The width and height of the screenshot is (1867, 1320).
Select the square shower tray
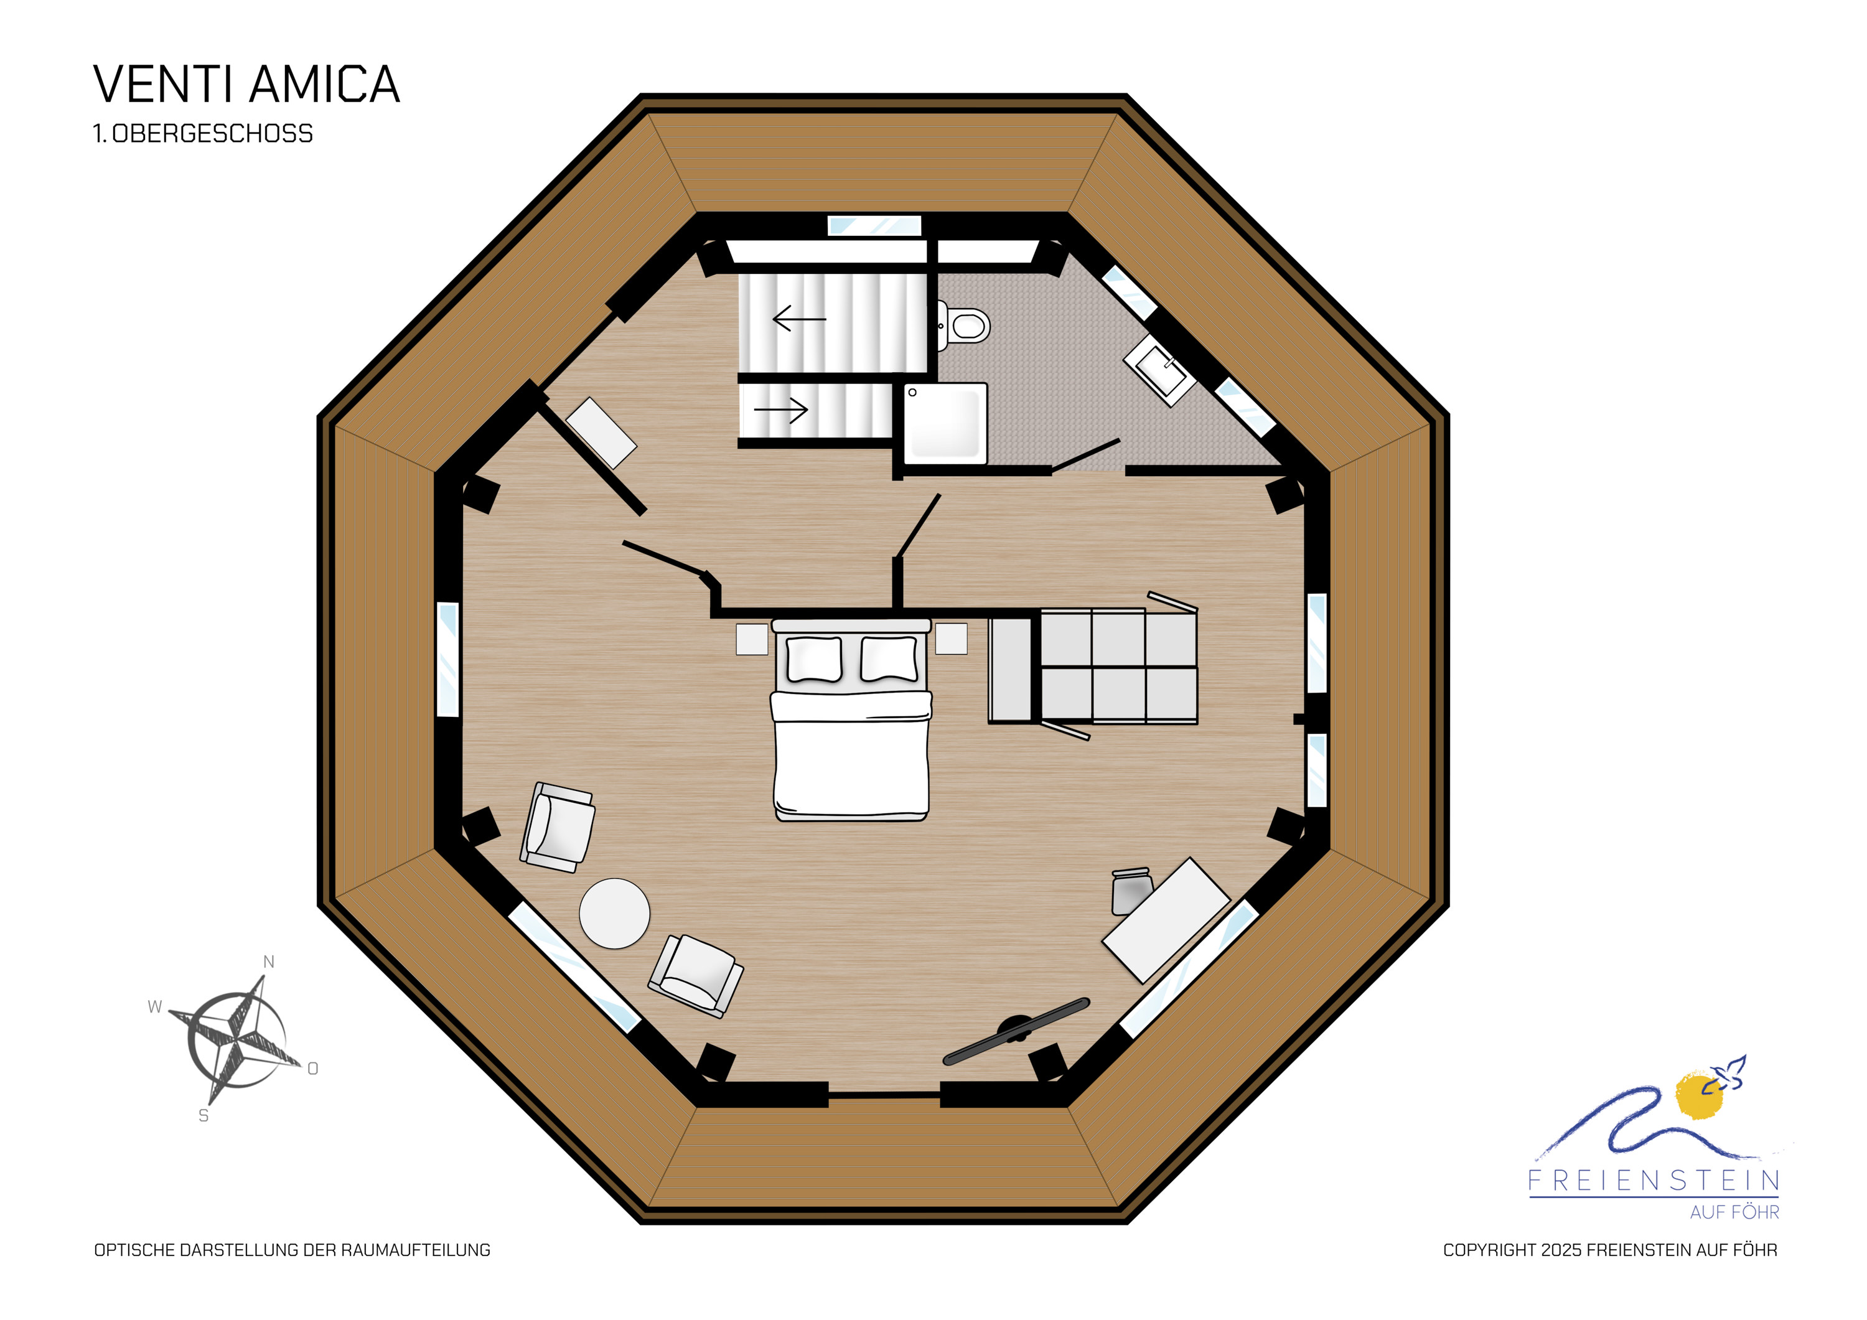coord(946,424)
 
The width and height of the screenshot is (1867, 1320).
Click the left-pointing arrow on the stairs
coord(799,319)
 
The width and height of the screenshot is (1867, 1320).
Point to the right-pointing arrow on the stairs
coord(780,410)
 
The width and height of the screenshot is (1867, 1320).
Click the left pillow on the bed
coord(814,659)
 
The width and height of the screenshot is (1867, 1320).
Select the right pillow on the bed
coord(889,659)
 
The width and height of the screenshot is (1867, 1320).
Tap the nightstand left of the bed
coord(752,639)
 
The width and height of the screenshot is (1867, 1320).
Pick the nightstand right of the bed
coord(952,639)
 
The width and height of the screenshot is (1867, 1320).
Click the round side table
coord(615,914)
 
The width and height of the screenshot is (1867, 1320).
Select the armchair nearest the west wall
coord(558,827)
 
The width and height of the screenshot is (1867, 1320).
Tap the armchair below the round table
coord(696,976)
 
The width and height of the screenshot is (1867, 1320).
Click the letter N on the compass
coord(269,962)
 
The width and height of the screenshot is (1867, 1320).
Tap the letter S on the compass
coord(204,1116)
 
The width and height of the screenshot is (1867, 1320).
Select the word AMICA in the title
coord(324,84)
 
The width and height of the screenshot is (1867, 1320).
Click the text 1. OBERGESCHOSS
coord(204,133)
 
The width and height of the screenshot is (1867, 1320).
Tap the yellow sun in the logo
coord(1700,1095)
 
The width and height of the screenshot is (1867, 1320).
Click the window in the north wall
coord(874,225)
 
